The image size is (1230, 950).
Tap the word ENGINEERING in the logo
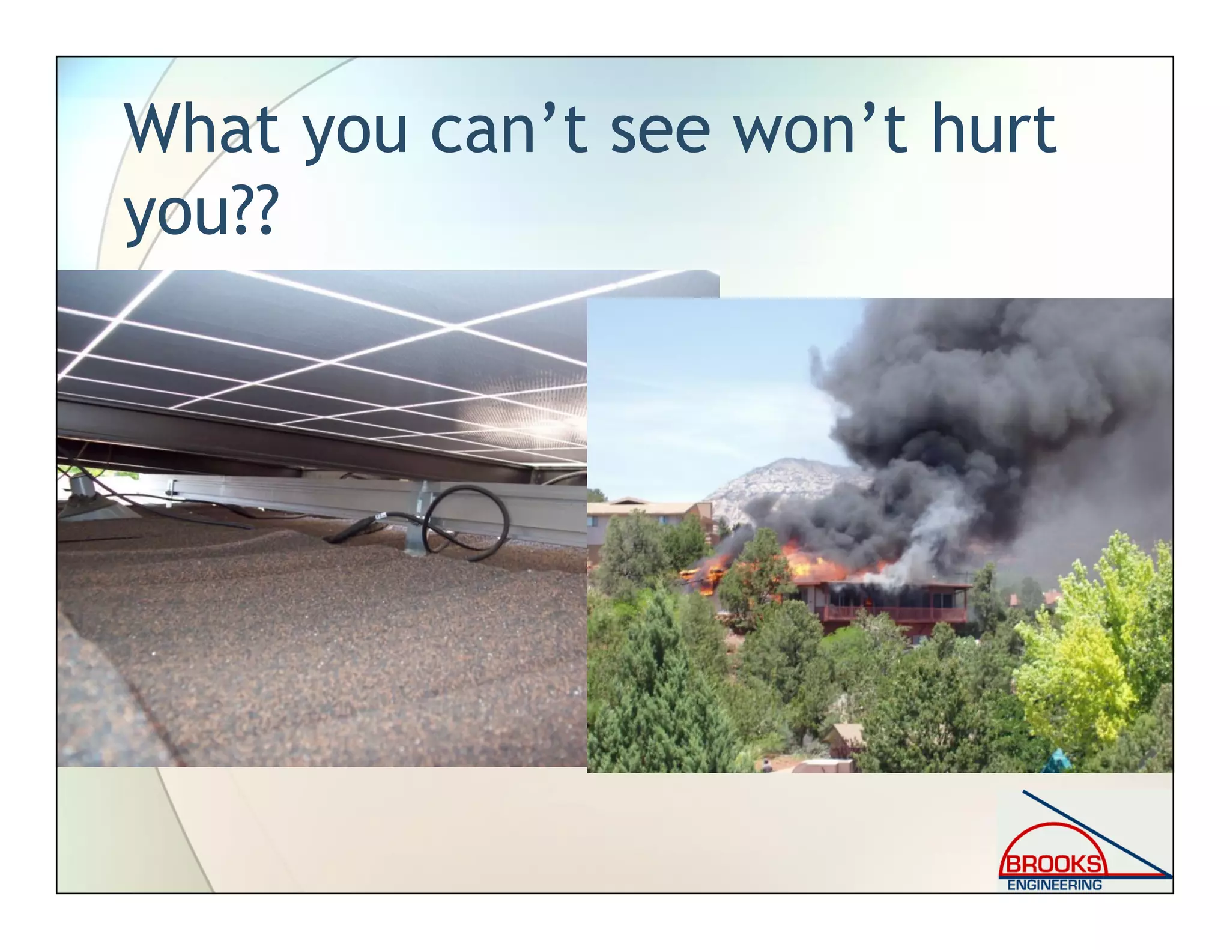pos(1055,885)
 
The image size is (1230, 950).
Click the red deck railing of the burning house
pos(895,614)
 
